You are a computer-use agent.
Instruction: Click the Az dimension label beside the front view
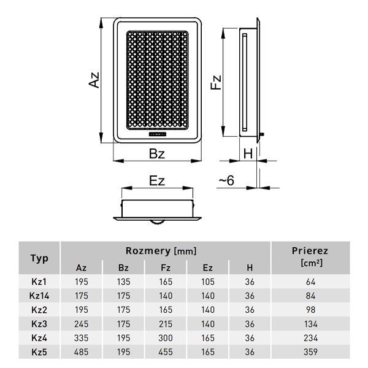94,80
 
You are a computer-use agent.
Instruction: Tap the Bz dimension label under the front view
157,154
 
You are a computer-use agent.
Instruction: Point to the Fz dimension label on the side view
216,82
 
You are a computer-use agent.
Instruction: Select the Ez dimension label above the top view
157,181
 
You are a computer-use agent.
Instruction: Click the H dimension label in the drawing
248,154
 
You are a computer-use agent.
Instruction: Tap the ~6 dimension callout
226,180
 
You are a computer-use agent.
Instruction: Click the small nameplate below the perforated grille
157,134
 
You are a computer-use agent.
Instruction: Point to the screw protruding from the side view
262,134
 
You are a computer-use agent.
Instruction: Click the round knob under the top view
157,221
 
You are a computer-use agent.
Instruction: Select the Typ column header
39,258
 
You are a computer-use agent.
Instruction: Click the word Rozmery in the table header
148,251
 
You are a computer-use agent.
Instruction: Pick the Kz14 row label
39,296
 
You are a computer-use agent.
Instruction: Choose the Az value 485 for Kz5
82,352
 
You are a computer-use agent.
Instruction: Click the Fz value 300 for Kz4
166,338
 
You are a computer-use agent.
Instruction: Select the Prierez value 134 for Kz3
310,324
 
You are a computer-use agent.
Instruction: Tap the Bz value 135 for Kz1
123,282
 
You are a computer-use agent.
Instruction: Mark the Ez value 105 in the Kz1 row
208,282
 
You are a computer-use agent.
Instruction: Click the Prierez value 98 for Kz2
310,310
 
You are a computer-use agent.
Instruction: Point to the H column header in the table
250,268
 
